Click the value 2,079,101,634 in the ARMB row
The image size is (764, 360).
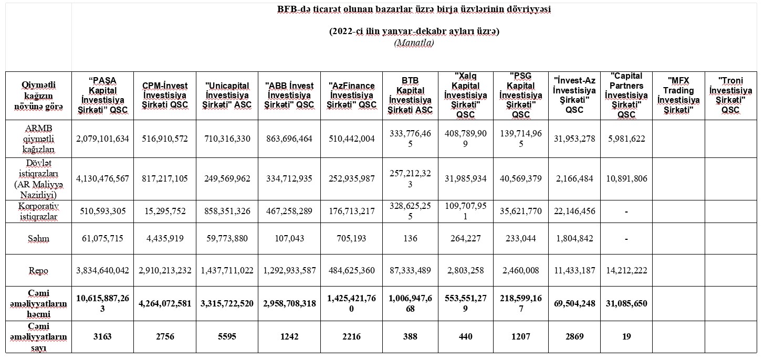click(x=102, y=139)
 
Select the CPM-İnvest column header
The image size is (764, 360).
click(x=165, y=95)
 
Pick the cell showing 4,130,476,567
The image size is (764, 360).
click(x=102, y=178)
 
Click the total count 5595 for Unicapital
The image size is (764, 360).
click(x=227, y=336)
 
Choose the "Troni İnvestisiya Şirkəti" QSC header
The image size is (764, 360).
click(x=730, y=95)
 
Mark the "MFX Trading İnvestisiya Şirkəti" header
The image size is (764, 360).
click(x=678, y=95)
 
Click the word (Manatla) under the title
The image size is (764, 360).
click(x=414, y=43)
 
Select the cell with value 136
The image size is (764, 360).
click(x=411, y=238)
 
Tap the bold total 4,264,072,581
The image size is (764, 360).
click(x=165, y=303)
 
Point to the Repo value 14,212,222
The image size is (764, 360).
click(x=626, y=270)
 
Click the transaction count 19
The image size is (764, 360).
click(x=626, y=336)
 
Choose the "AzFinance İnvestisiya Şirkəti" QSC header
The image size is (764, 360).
click(x=351, y=95)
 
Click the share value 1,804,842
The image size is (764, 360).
click(x=574, y=238)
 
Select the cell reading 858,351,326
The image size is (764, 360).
click(x=227, y=211)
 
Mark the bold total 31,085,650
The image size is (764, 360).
click(x=626, y=303)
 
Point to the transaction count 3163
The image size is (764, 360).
click(x=102, y=336)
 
